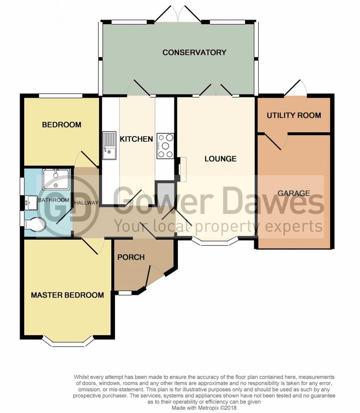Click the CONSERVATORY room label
(194, 52)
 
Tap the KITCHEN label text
(136, 139)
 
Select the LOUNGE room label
(220, 159)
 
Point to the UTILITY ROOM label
(294, 115)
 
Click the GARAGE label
(294, 193)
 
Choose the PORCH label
(131, 257)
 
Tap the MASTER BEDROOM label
(67, 295)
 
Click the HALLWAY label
(86, 203)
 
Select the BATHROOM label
(54, 200)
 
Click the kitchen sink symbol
(109, 146)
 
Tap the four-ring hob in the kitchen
(165, 146)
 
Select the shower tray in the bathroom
(55, 179)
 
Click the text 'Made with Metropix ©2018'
(204, 407)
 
